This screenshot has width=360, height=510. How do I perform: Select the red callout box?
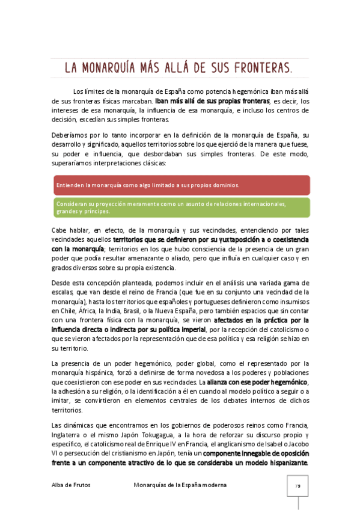(x=181, y=185)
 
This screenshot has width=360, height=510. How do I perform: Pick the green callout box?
(x=181, y=207)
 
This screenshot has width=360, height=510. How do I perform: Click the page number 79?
(x=297, y=485)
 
